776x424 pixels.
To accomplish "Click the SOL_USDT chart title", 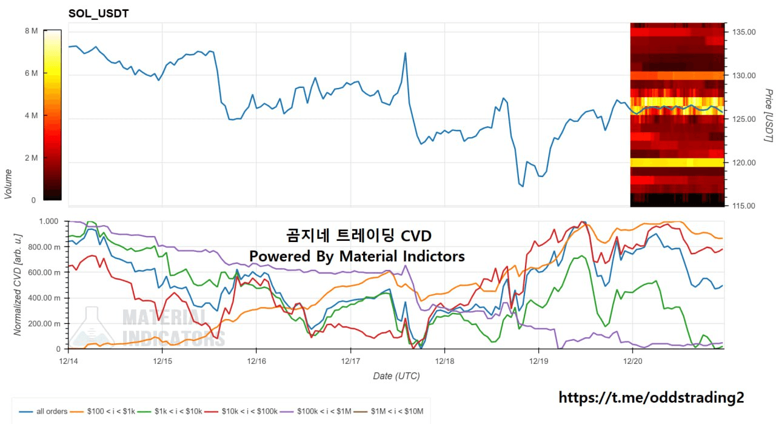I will click(98, 13).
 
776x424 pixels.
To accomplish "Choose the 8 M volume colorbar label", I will click(31, 30).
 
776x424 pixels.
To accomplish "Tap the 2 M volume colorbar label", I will click(31, 158).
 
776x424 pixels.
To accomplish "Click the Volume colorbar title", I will click(8, 183).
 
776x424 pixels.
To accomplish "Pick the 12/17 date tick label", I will click(350, 360).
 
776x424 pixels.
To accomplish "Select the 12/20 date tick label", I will click(632, 360).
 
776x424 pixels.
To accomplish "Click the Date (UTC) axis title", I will click(396, 376).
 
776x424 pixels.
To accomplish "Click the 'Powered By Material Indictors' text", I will click(357, 256).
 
